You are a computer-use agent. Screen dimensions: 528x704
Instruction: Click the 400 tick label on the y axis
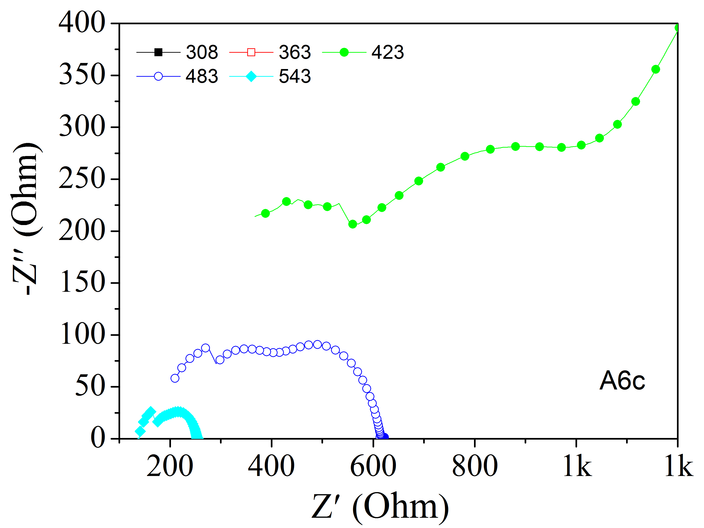pos(82,23)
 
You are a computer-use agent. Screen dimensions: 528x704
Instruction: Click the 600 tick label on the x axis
pos(373,466)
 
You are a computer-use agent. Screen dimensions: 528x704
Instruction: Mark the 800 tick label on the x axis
pos(474,466)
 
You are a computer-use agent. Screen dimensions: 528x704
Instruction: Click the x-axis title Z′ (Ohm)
pos(380,506)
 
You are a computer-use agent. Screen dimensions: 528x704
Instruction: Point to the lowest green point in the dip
pos(352,224)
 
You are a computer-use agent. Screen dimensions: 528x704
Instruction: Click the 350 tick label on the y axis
pos(82,75)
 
